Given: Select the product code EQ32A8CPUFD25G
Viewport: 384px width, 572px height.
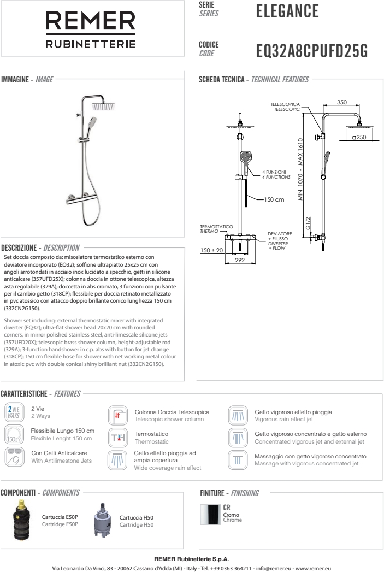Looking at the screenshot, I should pos(312,52).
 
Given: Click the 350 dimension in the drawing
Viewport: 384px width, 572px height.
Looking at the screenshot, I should pos(341,102).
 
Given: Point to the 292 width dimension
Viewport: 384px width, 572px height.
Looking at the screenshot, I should pos(240,261).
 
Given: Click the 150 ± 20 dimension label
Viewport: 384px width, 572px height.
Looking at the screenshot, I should pos(212,250).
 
